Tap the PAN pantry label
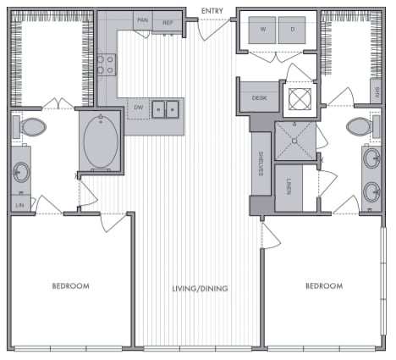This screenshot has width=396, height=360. pos(144,21)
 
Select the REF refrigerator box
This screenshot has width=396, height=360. pos(168,22)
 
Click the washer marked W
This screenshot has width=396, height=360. pos(262,30)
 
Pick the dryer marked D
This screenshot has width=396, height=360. pos(292,30)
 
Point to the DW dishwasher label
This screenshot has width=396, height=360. pos(138,107)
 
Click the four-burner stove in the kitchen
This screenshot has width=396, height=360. pos(107,65)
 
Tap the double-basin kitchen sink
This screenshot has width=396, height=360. pos(166,108)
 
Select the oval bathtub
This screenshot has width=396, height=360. pos(101,142)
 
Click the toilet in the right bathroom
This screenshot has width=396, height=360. pos(360,128)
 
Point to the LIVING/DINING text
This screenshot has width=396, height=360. pos(198,288)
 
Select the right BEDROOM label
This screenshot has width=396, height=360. pos(323,286)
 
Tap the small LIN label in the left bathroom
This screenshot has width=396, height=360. pos(19,204)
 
